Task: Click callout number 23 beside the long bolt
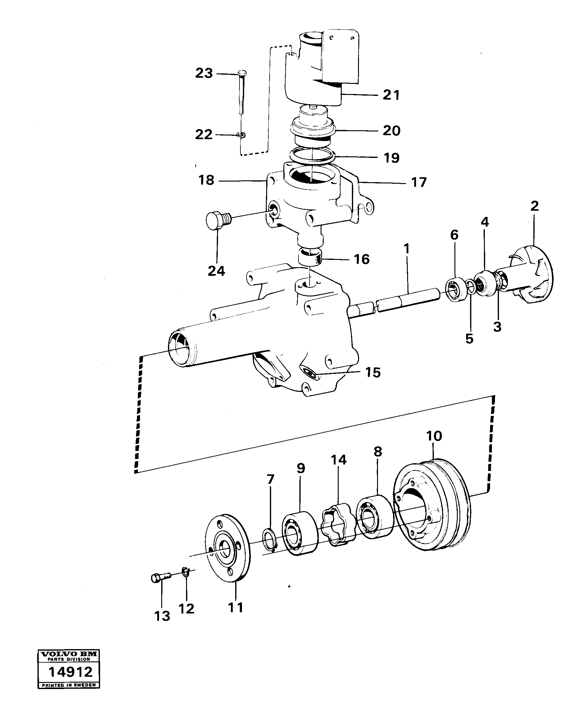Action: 204,73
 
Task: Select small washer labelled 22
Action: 241,135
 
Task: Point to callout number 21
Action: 391,95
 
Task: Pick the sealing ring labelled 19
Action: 312,155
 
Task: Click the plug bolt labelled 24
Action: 217,221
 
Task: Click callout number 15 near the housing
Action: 373,373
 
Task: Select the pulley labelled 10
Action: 432,505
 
